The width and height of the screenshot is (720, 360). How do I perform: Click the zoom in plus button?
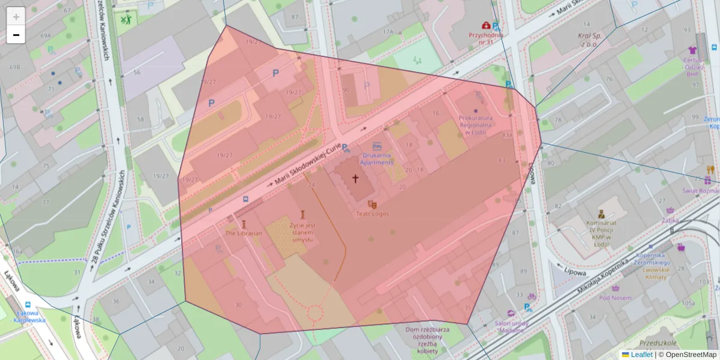click(x=16, y=16)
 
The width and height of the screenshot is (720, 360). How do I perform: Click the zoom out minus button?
click(x=16, y=35)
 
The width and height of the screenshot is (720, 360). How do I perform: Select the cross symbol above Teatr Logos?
click(x=355, y=178)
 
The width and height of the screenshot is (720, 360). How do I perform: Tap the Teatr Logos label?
click(x=372, y=214)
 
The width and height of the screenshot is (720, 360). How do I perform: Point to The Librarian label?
click(x=244, y=233)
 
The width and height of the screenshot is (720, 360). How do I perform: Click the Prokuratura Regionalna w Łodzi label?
click(x=475, y=125)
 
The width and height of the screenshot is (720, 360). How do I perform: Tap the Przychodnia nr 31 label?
click(x=485, y=38)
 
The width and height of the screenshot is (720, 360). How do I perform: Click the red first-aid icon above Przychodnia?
click(x=485, y=25)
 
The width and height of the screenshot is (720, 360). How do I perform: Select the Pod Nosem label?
click(x=615, y=298)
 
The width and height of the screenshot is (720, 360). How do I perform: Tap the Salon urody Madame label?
click(x=511, y=327)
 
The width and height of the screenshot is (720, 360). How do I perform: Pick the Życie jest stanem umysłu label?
click(x=302, y=232)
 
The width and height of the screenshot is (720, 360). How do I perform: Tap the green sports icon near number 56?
click(x=125, y=20)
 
